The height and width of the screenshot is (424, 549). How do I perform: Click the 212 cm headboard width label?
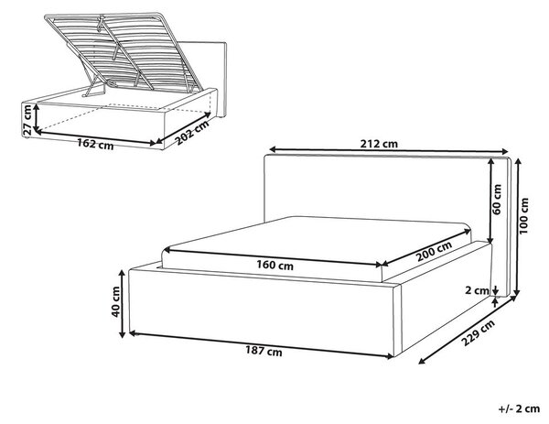coord(379,144)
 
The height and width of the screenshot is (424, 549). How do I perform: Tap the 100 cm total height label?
coord(524,215)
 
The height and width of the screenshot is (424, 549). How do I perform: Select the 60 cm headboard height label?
coord(497,200)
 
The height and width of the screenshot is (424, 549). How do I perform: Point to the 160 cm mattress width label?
coord(274,265)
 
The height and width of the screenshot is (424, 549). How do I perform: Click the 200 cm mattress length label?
coord(434,251)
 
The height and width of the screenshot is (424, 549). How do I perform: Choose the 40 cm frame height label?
coord(115,301)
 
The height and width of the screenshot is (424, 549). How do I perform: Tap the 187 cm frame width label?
coord(264,351)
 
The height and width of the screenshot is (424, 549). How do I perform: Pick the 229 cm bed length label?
coord(478,332)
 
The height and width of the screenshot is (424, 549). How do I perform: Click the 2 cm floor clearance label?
coord(477,290)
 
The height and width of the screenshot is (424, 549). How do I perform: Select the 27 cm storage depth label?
coord(27,120)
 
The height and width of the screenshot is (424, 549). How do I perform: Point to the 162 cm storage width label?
coord(95,144)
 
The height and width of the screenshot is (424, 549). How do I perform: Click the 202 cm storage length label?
coord(192,133)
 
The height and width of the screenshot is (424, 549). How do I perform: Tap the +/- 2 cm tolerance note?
coord(519,408)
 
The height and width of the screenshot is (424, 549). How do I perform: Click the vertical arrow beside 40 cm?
coord(123,304)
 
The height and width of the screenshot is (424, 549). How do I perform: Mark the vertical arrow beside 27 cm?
coord(36,118)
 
